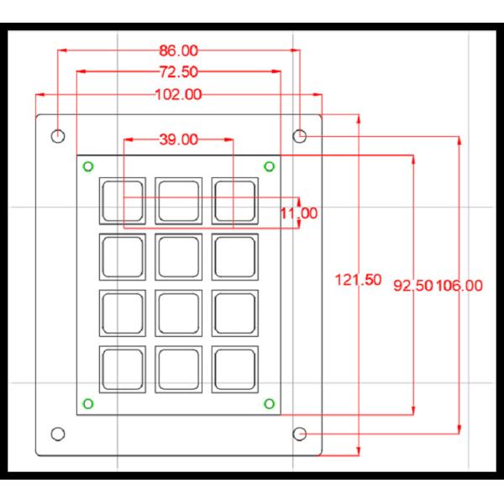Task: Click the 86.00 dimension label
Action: [x=178, y=50]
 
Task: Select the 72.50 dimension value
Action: [x=178, y=71]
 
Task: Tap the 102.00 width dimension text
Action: [x=178, y=94]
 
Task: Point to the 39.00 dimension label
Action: [x=178, y=139]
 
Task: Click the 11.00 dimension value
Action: [x=299, y=213]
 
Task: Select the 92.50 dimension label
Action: [x=413, y=286]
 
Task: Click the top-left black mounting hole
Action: [x=58, y=134]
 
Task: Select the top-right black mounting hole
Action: [x=300, y=134]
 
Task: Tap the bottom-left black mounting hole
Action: [x=58, y=433]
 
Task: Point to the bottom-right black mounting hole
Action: [x=300, y=433]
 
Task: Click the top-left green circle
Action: [x=88, y=165]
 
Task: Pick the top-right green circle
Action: [x=269, y=165]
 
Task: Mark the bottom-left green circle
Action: [x=88, y=405]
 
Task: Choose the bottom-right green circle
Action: [x=269, y=405]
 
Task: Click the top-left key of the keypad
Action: [x=122, y=199]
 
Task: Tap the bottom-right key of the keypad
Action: [x=234, y=368]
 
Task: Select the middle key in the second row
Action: [x=178, y=255]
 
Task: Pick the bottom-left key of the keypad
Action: [x=122, y=368]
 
